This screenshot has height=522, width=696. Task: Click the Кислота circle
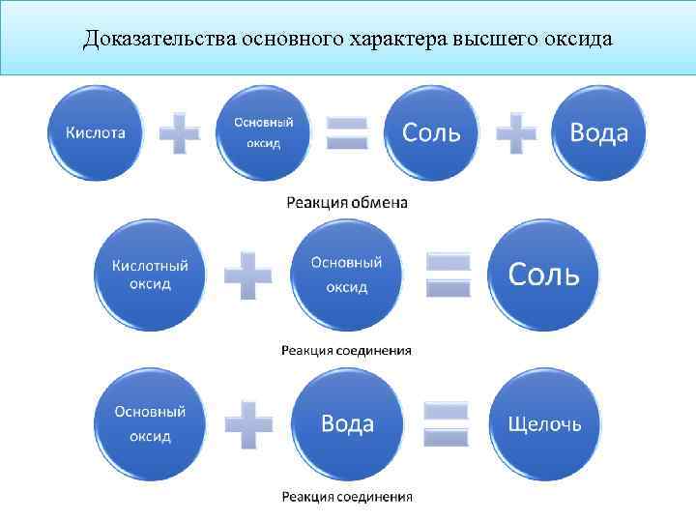point(95,132)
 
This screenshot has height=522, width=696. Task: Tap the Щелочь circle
point(545,423)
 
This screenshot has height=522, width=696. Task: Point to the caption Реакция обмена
point(347,203)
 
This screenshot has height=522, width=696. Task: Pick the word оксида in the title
point(578,40)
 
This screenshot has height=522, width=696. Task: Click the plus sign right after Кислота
point(179,133)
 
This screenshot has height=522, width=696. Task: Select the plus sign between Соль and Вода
point(516,132)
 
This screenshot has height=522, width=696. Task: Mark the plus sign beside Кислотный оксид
point(247,276)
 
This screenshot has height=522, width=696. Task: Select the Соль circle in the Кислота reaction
point(431,132)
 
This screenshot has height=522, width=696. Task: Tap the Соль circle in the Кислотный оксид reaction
point(544,275)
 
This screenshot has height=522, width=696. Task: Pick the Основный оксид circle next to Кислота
point(264,132)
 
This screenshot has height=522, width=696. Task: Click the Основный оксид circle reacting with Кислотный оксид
point(346,275)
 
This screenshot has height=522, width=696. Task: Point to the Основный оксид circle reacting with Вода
point(150,423)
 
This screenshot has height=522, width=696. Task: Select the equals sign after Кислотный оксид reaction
point(448,275)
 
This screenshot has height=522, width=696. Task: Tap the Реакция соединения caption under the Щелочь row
point(346,497)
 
